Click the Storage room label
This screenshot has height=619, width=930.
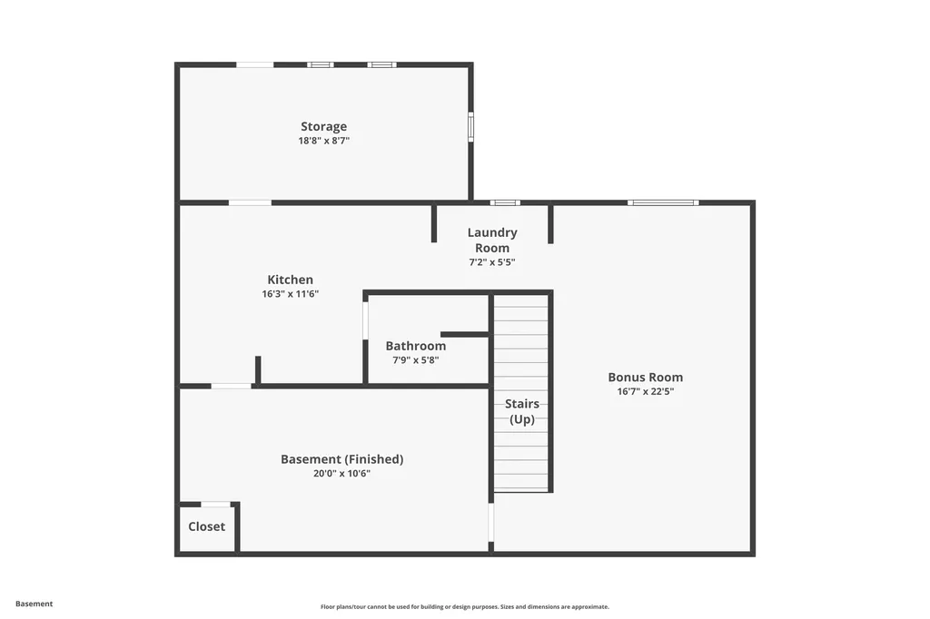(x=324, y=127)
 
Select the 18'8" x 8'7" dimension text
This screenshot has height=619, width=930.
(x=324, y=141)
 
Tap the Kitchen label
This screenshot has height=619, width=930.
(x=290, y=280)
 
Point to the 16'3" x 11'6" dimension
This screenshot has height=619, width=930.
(x=290, y=294)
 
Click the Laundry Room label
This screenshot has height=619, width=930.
(x=492, y=241)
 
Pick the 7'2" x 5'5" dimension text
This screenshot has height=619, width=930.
(x=492, y=262)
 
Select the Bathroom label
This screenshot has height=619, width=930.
(x=416, y=346)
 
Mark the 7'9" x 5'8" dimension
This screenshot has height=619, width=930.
(x=416, y=359)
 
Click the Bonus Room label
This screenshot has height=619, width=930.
(x=646, y=378)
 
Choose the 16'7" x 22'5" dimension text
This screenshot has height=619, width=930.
(x=646, y=392)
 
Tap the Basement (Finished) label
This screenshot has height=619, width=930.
(x=341, y=459)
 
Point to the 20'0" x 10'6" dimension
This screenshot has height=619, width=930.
(x=341, y=473)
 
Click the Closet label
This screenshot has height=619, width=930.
(x=206, y=526)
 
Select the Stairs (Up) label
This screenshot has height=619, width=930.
(x=522, y=411)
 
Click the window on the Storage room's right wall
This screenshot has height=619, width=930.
(x=470, y=126)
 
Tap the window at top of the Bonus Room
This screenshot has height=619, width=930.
(x=663, y=202)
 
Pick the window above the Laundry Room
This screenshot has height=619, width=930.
(x=505, y=202)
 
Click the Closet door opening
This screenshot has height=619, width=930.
(x=215, y=504)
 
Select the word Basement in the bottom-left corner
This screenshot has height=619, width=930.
(x=35, y=604)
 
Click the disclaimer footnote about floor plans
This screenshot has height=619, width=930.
(x=464, y=606)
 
